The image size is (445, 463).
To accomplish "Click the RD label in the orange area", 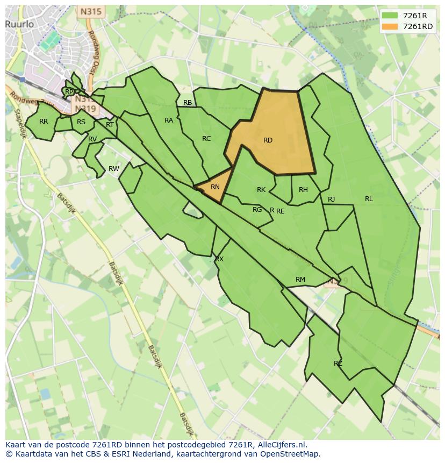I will click(x=268, y=140).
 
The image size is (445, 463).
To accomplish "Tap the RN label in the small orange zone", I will click(x=215, y=187).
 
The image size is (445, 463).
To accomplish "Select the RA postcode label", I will click(x=169, y=120).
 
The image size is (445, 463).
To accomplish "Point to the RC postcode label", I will click(x=206, y=139).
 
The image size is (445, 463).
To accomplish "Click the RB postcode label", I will click(x=188, y=103).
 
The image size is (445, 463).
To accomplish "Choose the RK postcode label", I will click(x=261, y=190).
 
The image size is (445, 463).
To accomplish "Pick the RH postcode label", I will click(x=303, y=190).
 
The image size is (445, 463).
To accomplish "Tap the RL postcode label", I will click(x=369, y=199).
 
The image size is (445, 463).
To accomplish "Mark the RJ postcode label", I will click(x=332, y=200).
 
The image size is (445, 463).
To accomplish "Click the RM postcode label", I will click(x=300, y=279).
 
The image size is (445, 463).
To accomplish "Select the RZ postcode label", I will click(x=338, y=364).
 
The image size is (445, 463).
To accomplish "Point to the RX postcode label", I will click(x=219, y=259).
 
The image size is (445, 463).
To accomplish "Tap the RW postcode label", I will click(x=114, y=169).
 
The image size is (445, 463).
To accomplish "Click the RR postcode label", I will click(x=44, y=122).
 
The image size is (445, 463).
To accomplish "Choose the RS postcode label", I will click(x=81, y=122).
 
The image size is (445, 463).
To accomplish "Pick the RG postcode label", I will click(x=257, y=210).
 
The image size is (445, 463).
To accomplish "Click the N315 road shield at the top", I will click(x=91, y=11).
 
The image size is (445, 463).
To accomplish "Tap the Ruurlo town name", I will click(x=20, y=24).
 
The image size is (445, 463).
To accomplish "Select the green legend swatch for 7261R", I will click(x=391, y=16).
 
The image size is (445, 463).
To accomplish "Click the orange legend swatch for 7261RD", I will click(x=391, y=26).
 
